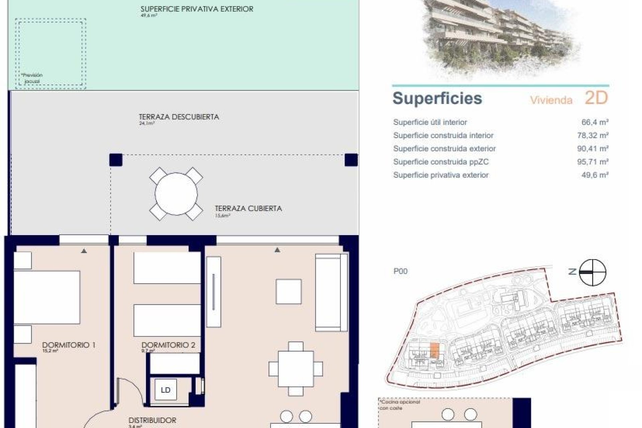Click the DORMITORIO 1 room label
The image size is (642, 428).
pyautogui.click(x=69, y=345)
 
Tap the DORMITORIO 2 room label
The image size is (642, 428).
pyautogui.click(x=168, y=345)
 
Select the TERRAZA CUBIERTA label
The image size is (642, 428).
pyautogui.click(x=248, y=208)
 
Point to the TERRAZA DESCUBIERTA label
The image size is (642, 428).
pyautogui.click(x=179, y=117)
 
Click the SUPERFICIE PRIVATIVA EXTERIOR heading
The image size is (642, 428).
pyautogui.click(x=197, y=9)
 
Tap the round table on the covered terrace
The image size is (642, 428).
pyautogui.click(x=176, y=194)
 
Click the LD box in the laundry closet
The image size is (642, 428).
pyautogui.click(x=166, y=390)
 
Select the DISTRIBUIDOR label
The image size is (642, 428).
pyautogui.click(x=152, y=420)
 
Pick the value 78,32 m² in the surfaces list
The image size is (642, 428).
pyautogui.click(x=593, y=135)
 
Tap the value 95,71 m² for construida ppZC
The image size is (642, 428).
pyautogui.click(x=593, y=162)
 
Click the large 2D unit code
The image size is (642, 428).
pyautogui.click(x=596, y=98)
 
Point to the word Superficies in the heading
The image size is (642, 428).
pyautogui.click(x=437, y=98)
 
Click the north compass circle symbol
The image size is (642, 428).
pyautogui.click(x=592, y=273)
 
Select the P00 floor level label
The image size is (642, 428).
pyautogui.click(x=400, y=271)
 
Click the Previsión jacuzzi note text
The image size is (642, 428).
pyautogui.click(x=32, y=78)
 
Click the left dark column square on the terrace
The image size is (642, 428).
pyautogui.click(x=116, y=160)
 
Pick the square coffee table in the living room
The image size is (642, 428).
pyautogui.click(x=288, y=291)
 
